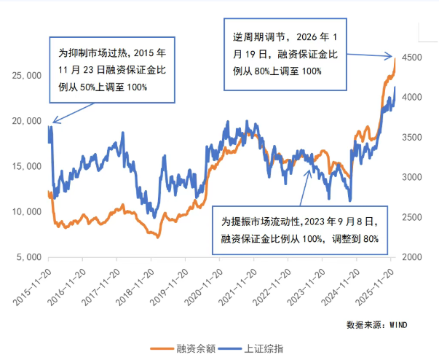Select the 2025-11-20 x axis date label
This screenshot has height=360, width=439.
click(x=376, y=285)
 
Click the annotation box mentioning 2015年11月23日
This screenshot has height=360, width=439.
click(x=112, y=70)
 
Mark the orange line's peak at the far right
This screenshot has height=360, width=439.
click(x=395, y=58)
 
